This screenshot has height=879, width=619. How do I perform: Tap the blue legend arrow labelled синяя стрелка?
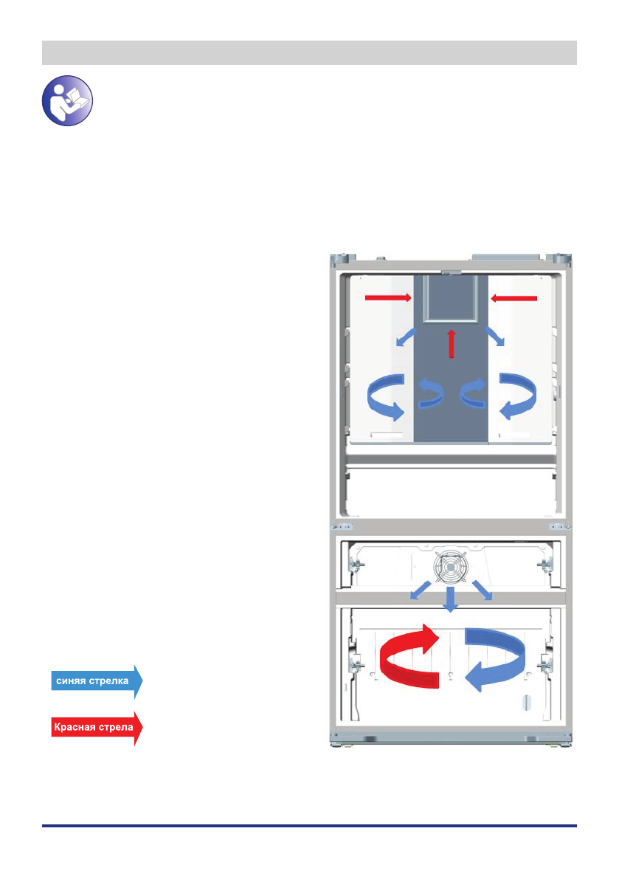click(95, 680)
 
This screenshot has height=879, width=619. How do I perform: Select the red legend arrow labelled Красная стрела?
click(95, 728)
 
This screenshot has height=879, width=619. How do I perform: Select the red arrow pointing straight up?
click(452, 344)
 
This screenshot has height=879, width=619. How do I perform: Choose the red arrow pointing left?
click(513, 297)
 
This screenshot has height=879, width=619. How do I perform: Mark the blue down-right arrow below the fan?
click(483, 592)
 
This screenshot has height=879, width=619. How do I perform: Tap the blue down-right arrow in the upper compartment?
click(495, 338)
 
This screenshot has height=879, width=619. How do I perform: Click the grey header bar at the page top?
click(309, 53)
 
